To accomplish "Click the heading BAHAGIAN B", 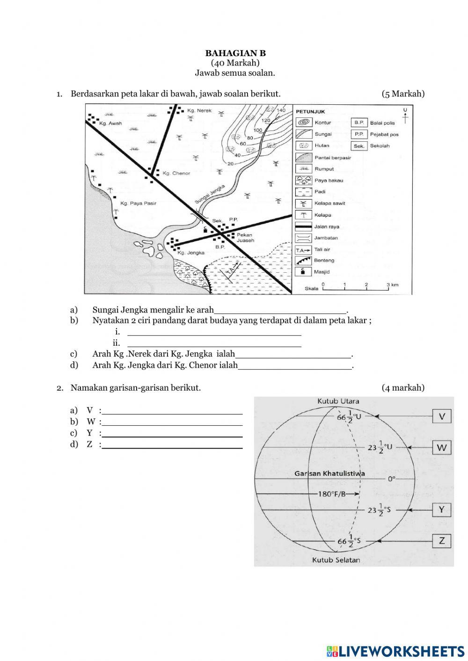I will pos(235,53).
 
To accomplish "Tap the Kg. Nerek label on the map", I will pos(199,111).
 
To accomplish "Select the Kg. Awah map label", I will pos(110,123).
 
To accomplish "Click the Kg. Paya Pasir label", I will pos(138,203).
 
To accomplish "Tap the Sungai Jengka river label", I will pos(210,194).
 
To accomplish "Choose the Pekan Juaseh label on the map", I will pos(245,238).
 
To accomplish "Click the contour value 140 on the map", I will pos(281,110).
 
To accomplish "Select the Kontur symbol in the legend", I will pos(304,123).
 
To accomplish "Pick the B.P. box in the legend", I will pos(358,123).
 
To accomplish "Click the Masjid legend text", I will pos(322,272).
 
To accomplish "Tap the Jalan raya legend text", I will pos(327,227).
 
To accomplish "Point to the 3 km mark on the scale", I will pos(392,285).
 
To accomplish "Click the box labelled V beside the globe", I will pos(441,416).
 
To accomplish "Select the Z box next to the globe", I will pos(441,541).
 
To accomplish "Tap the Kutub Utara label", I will pos(338,401).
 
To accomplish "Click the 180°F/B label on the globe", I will pos(332,494).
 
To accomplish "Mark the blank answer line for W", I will pos(172,424).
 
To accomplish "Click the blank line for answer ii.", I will pos(214,346).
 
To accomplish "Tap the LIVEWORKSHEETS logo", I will pos(395,651).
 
